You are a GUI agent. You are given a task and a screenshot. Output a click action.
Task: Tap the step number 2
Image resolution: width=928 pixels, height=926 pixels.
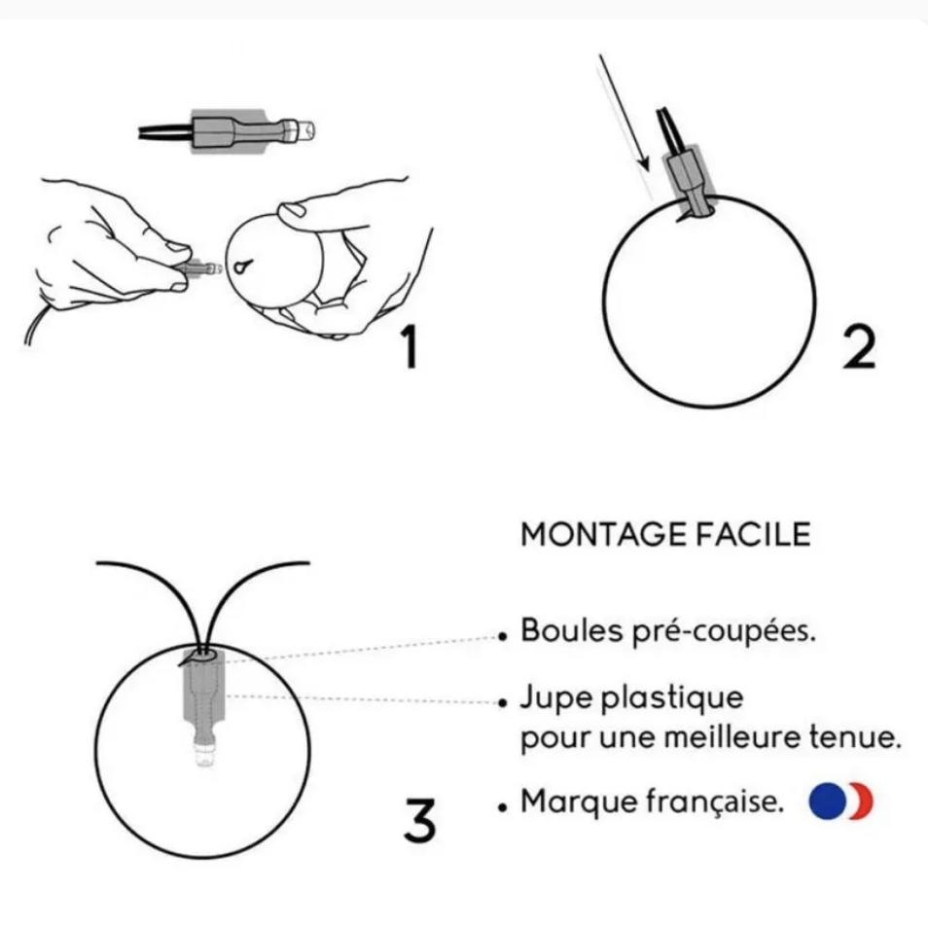[x=859, y=348]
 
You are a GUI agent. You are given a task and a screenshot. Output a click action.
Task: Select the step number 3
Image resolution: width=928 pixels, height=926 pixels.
[x=419, y=820]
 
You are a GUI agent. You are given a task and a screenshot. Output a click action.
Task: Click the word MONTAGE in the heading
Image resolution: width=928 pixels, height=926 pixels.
[x=603, y=534]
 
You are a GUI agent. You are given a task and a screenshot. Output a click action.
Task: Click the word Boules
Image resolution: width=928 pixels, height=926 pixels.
[x=572, y=630]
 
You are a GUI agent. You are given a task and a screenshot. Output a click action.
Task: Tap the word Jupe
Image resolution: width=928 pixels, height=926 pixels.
[x=555, y=698]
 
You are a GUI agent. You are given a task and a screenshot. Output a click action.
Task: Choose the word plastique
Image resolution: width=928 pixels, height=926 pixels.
[x=672, y=698]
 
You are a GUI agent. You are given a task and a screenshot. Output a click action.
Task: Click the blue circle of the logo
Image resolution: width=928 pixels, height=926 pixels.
[x=827, y=801]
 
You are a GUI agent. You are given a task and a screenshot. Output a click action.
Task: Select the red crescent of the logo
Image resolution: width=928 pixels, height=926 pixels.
[x=864, y=802]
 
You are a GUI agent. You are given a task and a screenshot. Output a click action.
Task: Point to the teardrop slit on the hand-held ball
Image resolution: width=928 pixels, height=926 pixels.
[x=242, y=267]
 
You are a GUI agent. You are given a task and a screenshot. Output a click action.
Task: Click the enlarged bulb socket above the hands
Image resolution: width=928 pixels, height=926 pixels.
[x=228, y=131]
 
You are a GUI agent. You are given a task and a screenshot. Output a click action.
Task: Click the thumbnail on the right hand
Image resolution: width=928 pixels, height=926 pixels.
[x=292, y=209]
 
